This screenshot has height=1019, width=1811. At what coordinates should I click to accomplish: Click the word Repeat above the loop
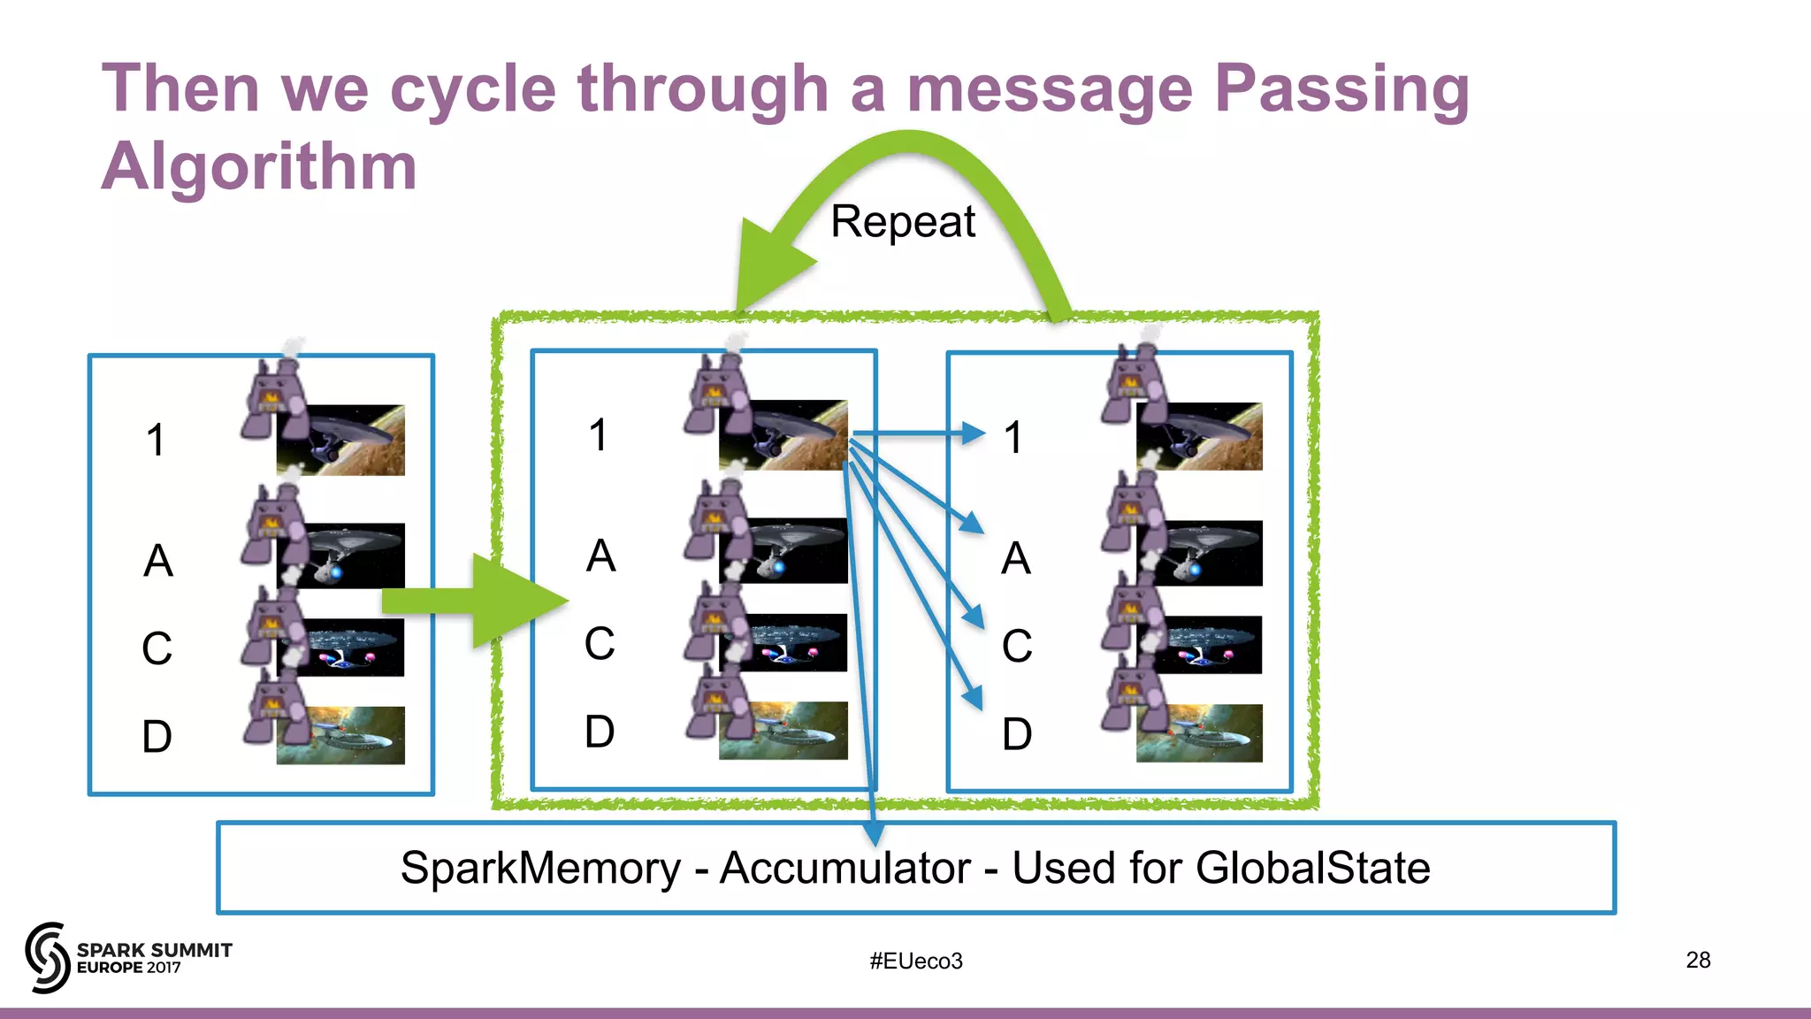[902, 221]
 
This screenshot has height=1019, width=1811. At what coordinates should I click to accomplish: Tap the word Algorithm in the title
[258, 168]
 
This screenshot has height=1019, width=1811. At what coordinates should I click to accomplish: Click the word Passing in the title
[1341, 90]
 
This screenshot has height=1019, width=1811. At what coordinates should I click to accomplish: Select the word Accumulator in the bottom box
[844, 868]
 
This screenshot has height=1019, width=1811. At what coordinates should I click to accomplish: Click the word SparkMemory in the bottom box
[540, 868]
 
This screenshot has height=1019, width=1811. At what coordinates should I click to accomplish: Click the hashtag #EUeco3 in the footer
[915, 961]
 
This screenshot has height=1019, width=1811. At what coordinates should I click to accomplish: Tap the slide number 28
[1698, 960]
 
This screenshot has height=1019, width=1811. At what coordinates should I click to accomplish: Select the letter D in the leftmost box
[157, 736]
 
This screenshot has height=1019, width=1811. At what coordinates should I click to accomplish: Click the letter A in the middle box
[600, 556]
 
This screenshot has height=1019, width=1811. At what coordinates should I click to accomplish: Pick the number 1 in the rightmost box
[1013, 438]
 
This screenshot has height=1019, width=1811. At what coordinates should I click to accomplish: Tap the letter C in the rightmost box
[1017, 646]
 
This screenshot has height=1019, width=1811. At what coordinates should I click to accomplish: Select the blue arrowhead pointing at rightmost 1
[973, 433]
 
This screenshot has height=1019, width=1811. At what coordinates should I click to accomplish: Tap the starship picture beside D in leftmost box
[340, 735]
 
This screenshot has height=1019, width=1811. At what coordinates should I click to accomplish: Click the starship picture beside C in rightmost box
[1199, 645]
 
